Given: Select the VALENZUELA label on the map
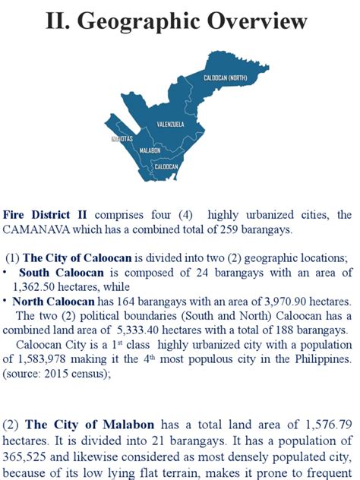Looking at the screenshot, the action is tap(170, 123).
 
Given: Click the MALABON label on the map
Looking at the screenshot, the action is tap(150, 152).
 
